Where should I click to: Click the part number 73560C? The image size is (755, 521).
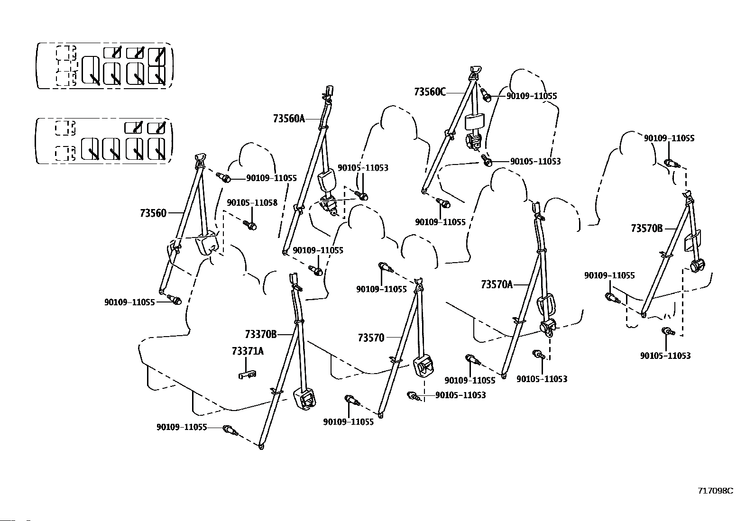coord(430,91)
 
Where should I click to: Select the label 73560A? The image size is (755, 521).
coord(289,119)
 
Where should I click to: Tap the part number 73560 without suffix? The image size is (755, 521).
coord(153,213)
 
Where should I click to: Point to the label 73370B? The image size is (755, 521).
coord(261,334)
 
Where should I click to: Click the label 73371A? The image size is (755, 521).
coord(248,351)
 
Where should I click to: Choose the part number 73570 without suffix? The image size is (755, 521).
coord(371,338)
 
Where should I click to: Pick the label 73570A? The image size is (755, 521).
coord(497,284)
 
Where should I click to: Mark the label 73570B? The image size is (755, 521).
coord(647,229)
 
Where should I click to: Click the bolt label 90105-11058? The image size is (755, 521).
coord(252,202)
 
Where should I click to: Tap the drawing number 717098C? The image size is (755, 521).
coord(715,491)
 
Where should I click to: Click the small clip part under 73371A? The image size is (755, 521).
coord(248,375)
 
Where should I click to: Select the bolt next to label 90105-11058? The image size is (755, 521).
coord(250,225)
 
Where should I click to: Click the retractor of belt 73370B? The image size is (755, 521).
coord(304,399)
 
